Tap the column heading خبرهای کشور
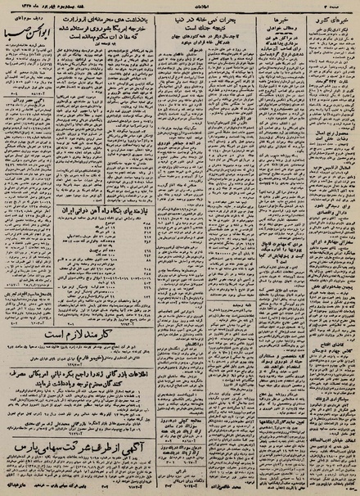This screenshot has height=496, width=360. click(x=331, y=19)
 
